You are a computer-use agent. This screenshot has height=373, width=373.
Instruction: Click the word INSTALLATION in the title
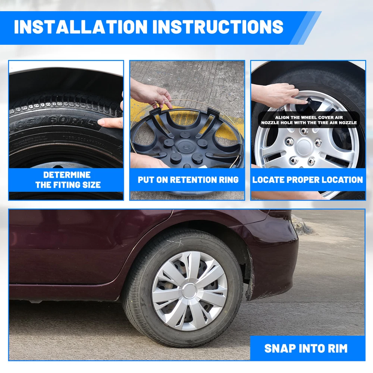pos(81,26)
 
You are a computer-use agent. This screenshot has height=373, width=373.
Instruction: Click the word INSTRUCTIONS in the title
pos(218,26)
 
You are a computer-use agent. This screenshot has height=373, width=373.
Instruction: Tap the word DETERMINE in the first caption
pos(67,175)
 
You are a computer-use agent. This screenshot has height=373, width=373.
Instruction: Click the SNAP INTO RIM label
pos(306,348)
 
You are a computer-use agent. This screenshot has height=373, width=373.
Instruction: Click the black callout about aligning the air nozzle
pos(309,120)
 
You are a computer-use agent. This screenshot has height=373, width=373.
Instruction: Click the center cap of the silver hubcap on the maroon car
pos(189,291)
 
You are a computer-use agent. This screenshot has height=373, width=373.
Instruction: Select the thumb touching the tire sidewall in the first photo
pos(109,122)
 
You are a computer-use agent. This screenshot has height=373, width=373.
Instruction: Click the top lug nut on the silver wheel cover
pos(304,131)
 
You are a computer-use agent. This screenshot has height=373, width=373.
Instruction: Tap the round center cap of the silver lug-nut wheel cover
pos(304,147)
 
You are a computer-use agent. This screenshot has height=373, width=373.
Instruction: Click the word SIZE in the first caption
pos(91,185)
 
